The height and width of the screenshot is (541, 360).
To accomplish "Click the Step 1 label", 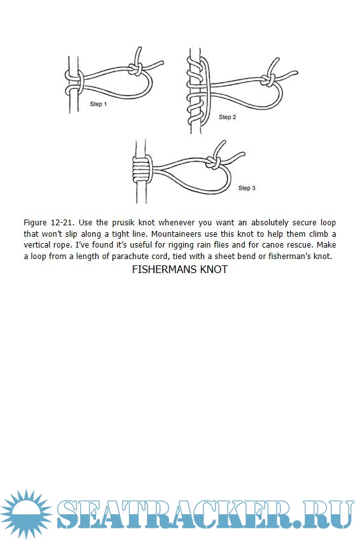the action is pyautogui.click(x=99, y=104).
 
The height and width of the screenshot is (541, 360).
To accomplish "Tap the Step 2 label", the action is pyautogui.click(x=227, y=117).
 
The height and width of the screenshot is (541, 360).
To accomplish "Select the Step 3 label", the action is pyautogui.click(x=247, y=188).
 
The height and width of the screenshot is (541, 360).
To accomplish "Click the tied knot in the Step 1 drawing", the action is pyautogui.click(x=135, y=69).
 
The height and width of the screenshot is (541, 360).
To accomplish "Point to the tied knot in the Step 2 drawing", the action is pyautogui.click(x=268, y=80).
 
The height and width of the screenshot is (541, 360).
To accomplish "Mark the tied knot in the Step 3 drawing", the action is pyautogui.click(x=214, y=162).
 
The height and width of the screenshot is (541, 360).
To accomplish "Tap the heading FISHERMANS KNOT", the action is pyautogui.click(x=179, y=269).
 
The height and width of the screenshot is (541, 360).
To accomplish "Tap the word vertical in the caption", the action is pyautogui.click(x=38, y=245).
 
